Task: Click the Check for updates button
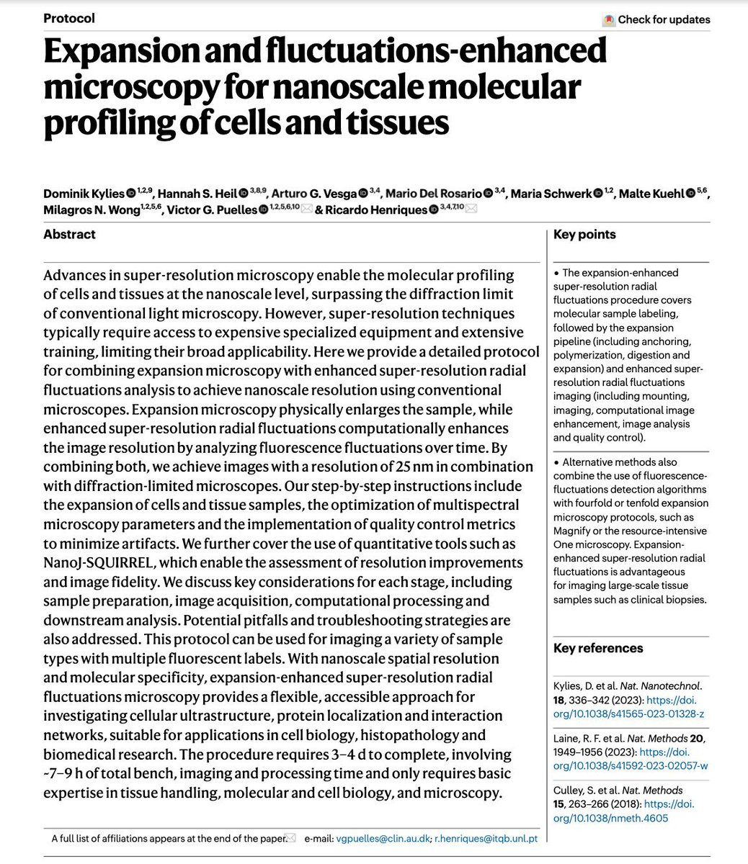coord(656,19)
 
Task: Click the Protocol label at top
coord(69,17)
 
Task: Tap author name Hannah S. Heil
coord(197,193)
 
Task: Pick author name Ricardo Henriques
coord(375,210)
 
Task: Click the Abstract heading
coord(69,234)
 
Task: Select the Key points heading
coord(584,234)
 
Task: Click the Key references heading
coord(598,648)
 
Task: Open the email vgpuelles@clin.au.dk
coord(383,838)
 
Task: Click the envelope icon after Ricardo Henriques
coord(471,210)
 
